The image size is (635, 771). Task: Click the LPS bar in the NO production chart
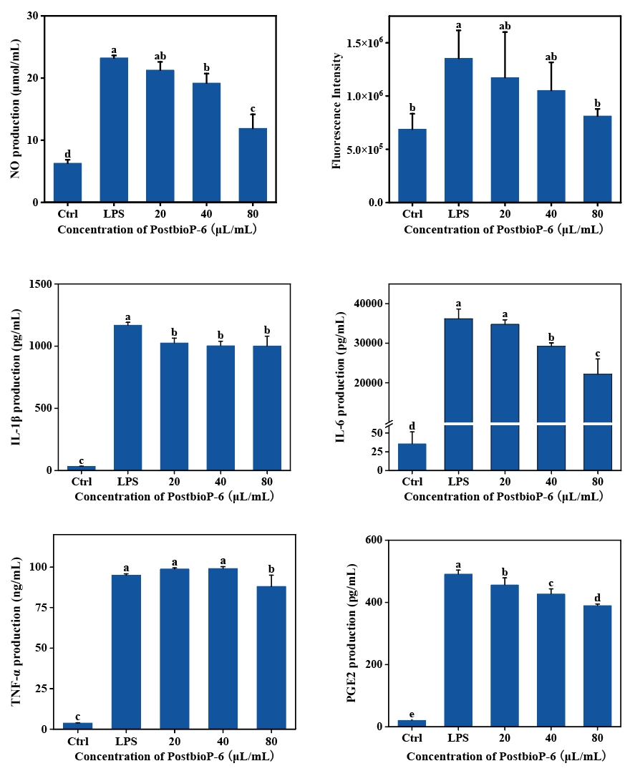point(114,130)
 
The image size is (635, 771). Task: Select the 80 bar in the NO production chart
point(253,165)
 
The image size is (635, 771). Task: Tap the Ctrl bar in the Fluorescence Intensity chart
point(412,166)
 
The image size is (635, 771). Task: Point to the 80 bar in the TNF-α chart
point(271,658)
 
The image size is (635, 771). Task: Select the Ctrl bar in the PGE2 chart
point(412,723)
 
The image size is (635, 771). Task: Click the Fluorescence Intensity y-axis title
point(336,111)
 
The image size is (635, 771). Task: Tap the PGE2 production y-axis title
point(352,634)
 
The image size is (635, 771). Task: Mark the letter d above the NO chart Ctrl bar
point(68,154)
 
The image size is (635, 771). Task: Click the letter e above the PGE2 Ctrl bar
point(412,714)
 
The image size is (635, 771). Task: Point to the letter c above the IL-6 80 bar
point(598,353)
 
